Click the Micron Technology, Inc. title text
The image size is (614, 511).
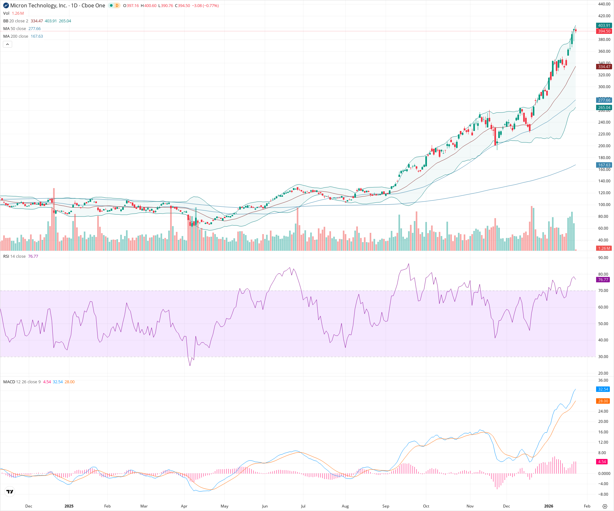pyautogui.click(x=39, y=5)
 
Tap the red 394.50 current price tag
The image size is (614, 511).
pyautogui.click(x=604, y=31)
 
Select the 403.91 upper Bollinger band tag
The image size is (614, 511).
pyautogui.click(x=604, y=26)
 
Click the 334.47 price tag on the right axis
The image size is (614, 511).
pyautogui.click(x=604, y=66)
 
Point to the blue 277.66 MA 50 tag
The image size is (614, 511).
pyautogui.click(x=604, y=100)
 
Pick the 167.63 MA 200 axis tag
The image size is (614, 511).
pyautogui.click(x=604, y=165)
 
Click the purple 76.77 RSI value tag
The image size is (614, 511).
pyautogui.click(x=603, y=279)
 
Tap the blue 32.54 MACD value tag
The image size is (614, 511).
pyautogui.click(x=603, y=389)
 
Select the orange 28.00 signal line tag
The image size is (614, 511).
pyautogui.click(x=603, y=401)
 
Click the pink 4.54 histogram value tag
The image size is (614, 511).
pyautogui.click(x=602, y=461)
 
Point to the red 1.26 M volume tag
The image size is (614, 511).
pyautogui.click(x=604, y=248)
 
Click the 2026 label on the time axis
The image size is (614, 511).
pyautogui.click(x=548, y=506)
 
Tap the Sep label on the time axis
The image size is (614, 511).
pyautogui.click(x=386, y=506)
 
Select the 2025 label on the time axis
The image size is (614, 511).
pyautogui.click(x=69, y=506)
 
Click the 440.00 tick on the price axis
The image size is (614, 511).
pyautogui.click(x=604, y=4)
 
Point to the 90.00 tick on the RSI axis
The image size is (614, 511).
pyautogui.click(x=603, y=258)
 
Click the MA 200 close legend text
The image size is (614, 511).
pyautogui.click(x=16, y=36)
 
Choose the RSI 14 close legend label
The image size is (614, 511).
pyautogui.click(x=14, y=256)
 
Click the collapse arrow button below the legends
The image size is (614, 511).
pyautogui.click(x=7, y=44)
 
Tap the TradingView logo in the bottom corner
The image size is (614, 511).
pyautogui.click(x=10, y=492)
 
